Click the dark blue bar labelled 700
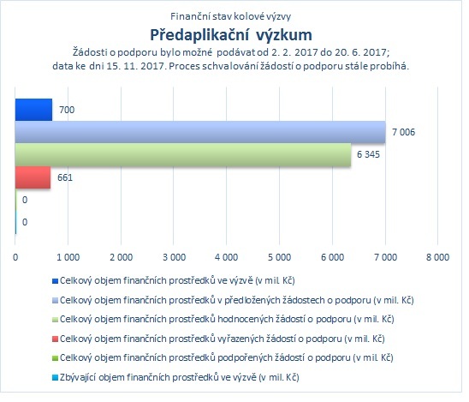point(33,110)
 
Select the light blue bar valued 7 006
point(200,132)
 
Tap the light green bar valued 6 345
point(183,154)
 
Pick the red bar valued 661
point(33,177)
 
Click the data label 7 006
point(403,132)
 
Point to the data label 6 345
point(368,154)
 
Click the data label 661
point(65,177)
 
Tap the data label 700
point(67,110)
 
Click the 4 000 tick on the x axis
point(227,257)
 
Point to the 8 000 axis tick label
point(437,257)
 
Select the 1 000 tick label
point(68,257)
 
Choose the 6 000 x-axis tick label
point(332,257)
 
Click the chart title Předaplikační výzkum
point(231,35)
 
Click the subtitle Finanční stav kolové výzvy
point(230,16)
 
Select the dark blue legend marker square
point(55,281)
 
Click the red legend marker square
point(55,339)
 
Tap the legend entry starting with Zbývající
point(180,377)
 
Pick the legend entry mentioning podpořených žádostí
point(227,357)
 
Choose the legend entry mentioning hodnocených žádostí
point(227,320)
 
